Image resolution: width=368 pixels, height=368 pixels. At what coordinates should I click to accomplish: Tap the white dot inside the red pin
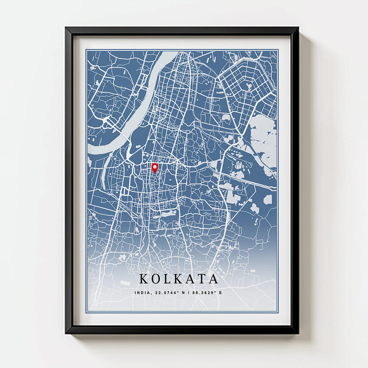[155, 166]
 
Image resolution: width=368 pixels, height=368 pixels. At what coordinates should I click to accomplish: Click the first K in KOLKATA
[144, 279]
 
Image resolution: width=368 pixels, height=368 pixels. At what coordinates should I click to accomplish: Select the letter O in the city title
[156, 279]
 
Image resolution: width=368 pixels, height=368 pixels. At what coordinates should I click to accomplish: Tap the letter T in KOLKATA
[201, 279]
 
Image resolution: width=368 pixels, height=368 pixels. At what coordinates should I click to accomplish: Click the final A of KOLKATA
[213, 279]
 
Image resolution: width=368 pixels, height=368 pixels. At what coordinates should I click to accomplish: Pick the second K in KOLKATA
[179, 279]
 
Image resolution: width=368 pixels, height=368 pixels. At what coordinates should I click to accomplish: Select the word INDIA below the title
[143, 293]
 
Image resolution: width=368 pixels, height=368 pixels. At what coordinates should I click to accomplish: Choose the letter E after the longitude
[220, 293]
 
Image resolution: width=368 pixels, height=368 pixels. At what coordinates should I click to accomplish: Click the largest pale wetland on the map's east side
[264, 138]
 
